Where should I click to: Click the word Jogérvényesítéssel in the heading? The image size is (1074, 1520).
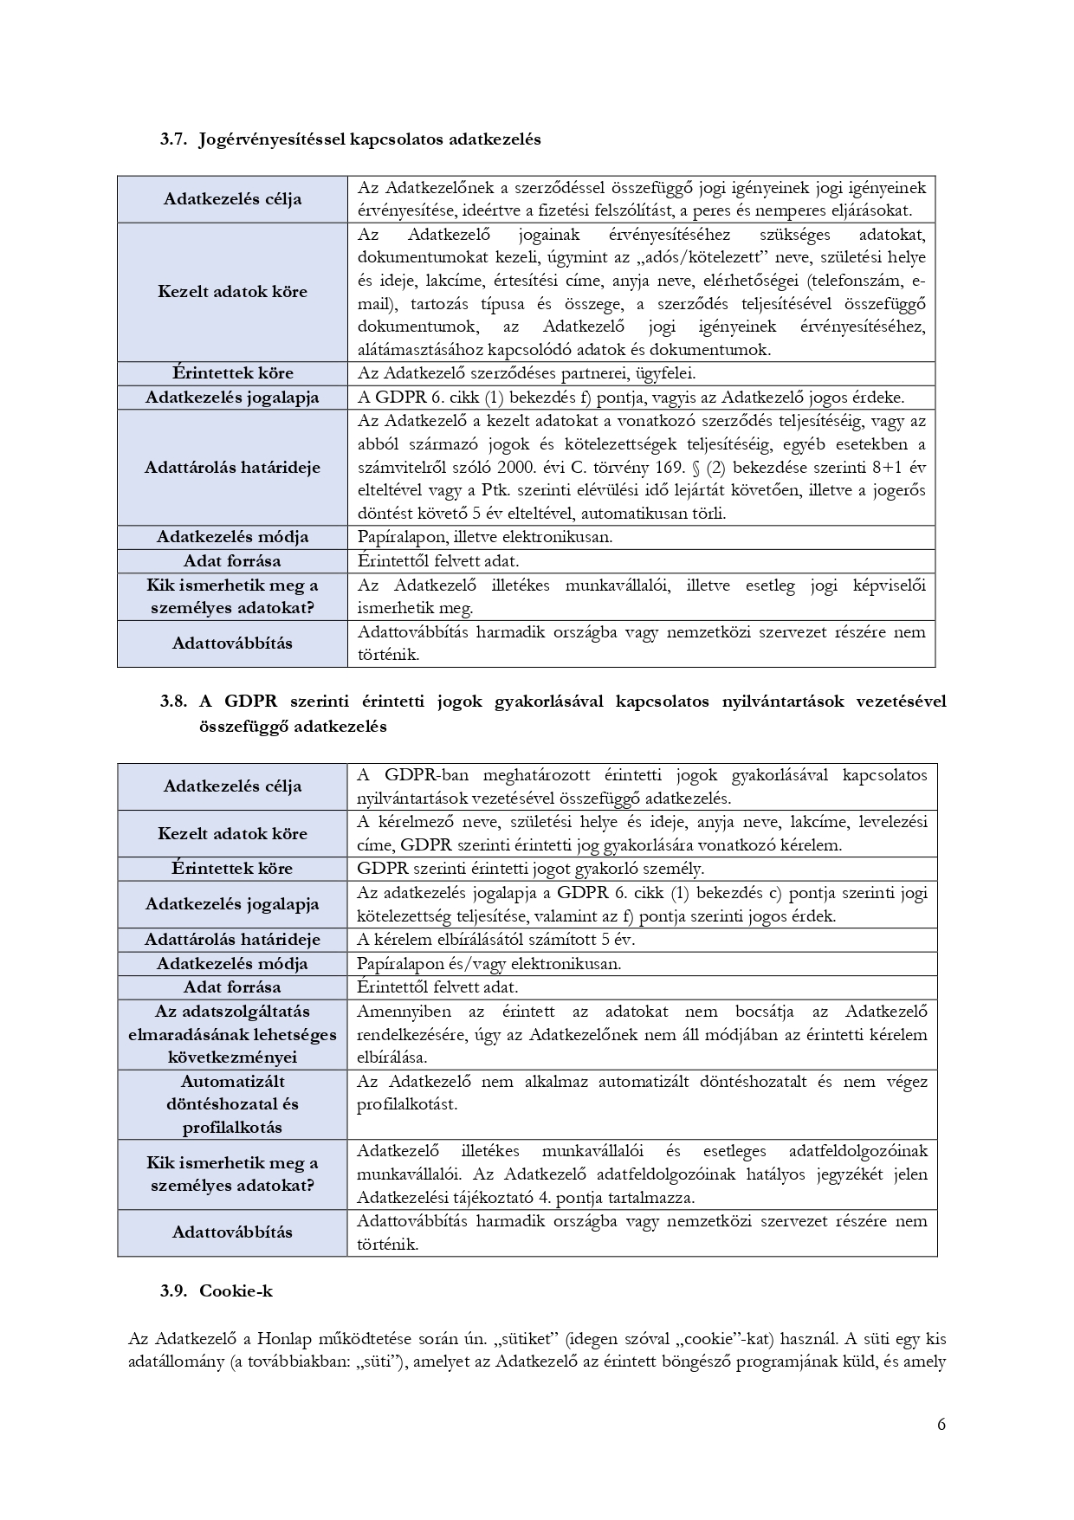click(x=271, y=139)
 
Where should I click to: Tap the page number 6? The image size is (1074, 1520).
click(x=941, y=1425)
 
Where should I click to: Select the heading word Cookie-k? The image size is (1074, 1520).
click(x=236, y=1290)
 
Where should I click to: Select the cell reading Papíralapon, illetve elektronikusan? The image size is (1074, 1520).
click(x=484, y=537)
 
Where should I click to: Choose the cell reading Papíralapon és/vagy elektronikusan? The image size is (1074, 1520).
click(x=488, y=963)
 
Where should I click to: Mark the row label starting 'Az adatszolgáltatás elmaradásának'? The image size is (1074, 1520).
click(x=232, y=1034)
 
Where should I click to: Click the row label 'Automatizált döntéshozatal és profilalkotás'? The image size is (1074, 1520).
click(x=232, y=1104)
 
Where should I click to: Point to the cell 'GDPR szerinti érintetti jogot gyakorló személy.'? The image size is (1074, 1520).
click(x=530, y=869)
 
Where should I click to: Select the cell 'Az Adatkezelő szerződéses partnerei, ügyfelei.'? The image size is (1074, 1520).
click(x=527, y=374)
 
